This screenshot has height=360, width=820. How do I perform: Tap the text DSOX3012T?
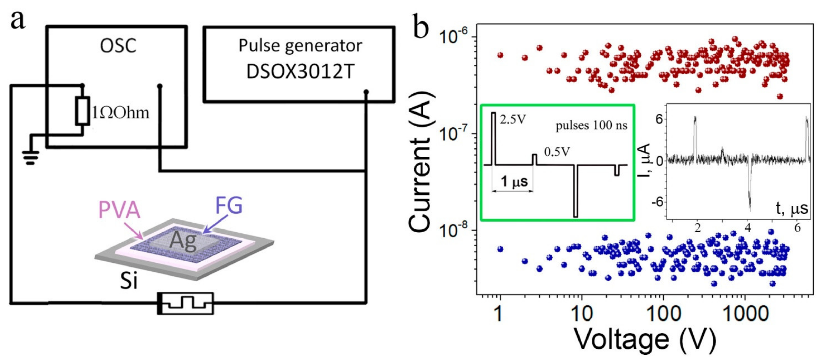coord(300,72)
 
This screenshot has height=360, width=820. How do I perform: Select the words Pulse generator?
coord(300,46)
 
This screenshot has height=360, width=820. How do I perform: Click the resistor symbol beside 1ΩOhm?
coord(82,110)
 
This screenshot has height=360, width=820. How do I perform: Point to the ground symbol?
coord(30,157)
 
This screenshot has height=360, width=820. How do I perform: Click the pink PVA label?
coord(119,210)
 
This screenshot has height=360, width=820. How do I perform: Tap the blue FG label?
coord(229,205)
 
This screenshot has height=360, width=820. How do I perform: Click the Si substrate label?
coord(129,281)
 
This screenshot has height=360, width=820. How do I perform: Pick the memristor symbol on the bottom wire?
coord(186,303)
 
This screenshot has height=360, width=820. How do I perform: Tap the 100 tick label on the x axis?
coord(664,314)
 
